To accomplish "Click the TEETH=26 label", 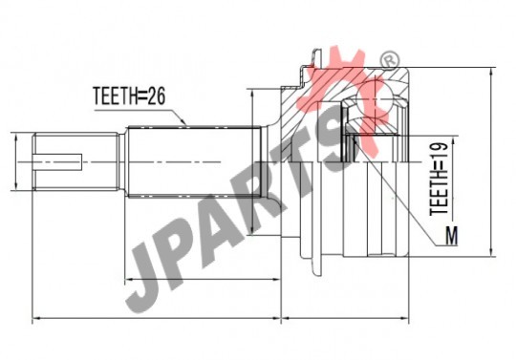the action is pyautogui.click(x=129, y=95).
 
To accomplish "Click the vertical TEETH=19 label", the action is pyautogui.click(x=439, y=180).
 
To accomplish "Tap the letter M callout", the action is pyautogui.click(x=451, y=236).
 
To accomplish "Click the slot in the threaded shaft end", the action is pyautogui.click(x=58, y=162).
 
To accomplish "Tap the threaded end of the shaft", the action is pyautogui.click(x=75, y=161).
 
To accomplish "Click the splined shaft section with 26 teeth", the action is pyautogui.click(x=194, y=161).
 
